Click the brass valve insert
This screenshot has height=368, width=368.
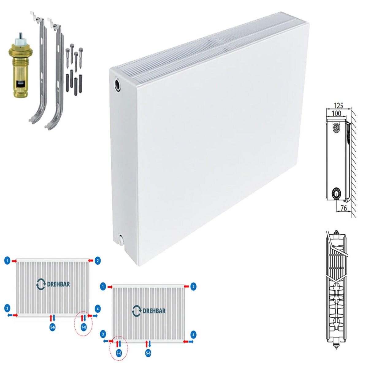coord(21,66)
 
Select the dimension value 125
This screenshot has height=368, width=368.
coord(338,105)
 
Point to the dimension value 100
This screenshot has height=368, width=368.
coord(336,113)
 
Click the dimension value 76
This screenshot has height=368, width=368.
coord(343,208)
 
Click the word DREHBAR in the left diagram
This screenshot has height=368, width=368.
coord(59,284)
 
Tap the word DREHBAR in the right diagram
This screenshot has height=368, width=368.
coord(154,311)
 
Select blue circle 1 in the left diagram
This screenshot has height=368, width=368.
coord(7,261)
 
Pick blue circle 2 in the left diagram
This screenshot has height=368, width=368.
coord(98,261)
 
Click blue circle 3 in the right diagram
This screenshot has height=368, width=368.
coord(103,334)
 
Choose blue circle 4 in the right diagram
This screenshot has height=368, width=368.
coord(194,334)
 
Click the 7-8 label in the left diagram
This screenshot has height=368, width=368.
coord(84,327)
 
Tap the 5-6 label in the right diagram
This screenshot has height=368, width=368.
coord(148,353)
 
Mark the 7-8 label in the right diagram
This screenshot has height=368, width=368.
coord(119,353)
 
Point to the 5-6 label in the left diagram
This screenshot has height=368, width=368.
coord(52,327)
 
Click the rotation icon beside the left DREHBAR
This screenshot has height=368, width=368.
coord(41,284)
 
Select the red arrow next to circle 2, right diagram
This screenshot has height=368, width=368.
coord(186,286)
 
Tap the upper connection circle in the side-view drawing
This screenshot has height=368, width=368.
coord(335,127)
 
